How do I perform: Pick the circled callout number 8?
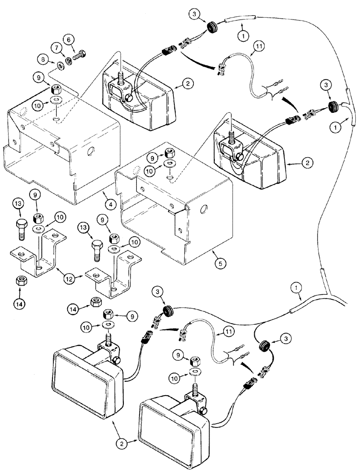(x=43, y=60)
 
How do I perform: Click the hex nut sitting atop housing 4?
(x=54, y=89)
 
